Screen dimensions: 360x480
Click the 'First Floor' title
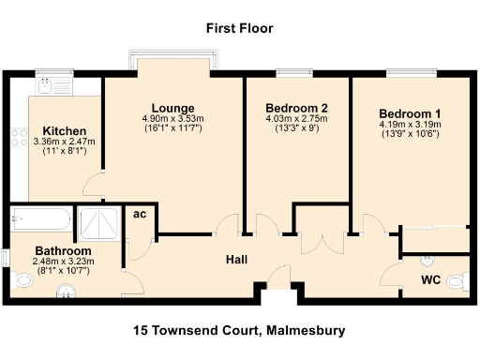(x=239, y=29)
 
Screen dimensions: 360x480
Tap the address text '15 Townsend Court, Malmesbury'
(x=239, y=330)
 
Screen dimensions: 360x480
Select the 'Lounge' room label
(x=172, y=108)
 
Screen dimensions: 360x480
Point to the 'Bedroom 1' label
(x=411, y=112)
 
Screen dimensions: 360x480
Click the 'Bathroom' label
(x=63, y=251)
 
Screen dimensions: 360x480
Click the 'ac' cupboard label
(x=139, y=215)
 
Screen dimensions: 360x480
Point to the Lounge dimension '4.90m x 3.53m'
(x=172, y=119)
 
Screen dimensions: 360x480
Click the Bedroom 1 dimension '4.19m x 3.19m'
(x=411, y=124)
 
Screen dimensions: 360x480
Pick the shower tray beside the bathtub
(x=98, y=222)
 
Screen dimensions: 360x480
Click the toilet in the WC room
(x=457, y=280)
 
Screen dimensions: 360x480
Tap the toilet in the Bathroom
(x=22, y=279)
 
